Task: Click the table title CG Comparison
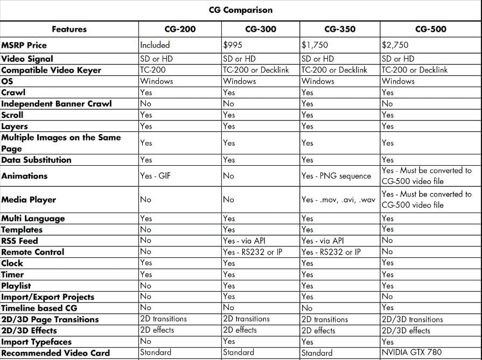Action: pyautogui.click(x=241, y=10)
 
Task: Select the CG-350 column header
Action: pyautogui.click(x=340, y=29)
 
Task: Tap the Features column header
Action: pyautogui.click(x=69, y=29)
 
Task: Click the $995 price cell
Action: pyautogui.click(x=233, y=45)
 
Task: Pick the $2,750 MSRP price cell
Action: pyautogui.click(x=395, y=45)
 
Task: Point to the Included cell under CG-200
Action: pyautogui.click(x=155, y=45)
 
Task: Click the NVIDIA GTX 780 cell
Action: pyautogui.click(x=411, y=353)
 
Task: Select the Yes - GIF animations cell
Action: pyautogui.click(x=155, y=176)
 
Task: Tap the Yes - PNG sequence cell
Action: pyautogui.click(x=336, y=176)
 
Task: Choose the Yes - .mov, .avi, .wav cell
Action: pyautogui.click(x=338, y=200)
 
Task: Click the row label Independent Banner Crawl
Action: pyautogui.click(x=57, y=103)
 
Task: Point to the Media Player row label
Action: pyautogui.click(x=29, y=200)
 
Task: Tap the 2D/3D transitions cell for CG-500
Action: pyautogui.click(x=412, y=319)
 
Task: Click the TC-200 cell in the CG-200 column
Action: pyautogui.click(x=153, y=70)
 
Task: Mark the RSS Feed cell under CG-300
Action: pyautogui.click(x=244, y=241)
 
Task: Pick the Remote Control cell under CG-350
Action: pyautogui.click(x=331, y=252)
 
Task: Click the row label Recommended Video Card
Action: pyautogui.click(x=55, y=353)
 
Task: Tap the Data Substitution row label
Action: pyautogui.click(x=36, y=160)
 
